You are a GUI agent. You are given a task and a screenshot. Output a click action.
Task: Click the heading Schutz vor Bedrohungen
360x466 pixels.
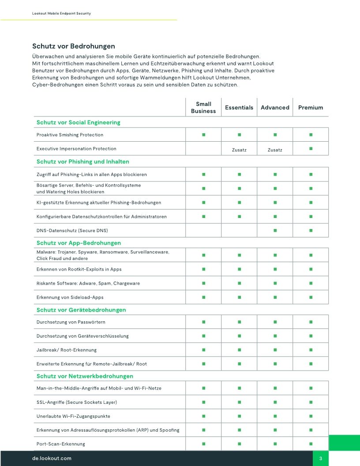coord(74,46)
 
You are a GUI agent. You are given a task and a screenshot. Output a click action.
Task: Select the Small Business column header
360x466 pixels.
coord(203,108)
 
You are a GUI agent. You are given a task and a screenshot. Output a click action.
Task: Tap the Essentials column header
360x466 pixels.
coord(239,108)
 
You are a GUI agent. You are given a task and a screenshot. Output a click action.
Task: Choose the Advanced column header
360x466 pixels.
coord(275,108)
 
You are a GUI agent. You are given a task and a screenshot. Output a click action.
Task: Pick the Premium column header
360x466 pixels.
coord(311,108)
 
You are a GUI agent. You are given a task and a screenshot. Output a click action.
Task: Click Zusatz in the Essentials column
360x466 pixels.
coord(239,150)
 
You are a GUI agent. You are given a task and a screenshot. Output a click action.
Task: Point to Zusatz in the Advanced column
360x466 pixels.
coord(275,150)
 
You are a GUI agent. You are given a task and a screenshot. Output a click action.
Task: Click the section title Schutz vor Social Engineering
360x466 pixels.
coord(78,122)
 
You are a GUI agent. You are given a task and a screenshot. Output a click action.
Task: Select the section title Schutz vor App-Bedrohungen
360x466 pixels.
coord(79,243)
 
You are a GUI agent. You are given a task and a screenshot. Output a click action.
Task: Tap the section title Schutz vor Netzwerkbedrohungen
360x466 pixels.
coord(85,376)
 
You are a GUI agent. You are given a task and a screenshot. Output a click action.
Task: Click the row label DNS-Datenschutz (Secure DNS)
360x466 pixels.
coord(72,231)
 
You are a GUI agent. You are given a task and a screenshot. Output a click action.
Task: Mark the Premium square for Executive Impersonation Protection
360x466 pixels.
coord(311,149)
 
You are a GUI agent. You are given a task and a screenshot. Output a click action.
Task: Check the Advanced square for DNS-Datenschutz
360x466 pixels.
coord(275,230)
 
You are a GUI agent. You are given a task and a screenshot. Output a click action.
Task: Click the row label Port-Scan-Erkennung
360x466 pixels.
coord(60,443)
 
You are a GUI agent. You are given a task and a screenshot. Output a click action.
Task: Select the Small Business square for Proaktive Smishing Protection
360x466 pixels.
coord(203,134)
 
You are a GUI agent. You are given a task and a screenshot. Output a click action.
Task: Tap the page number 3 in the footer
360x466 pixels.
coord(321,458)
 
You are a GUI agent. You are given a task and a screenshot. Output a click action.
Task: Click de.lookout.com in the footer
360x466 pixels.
coord(52,458)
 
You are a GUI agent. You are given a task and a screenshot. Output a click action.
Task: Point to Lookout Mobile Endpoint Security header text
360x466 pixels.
coord(61,14)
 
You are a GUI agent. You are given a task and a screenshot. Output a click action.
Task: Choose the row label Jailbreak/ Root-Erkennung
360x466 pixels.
coord(66,350)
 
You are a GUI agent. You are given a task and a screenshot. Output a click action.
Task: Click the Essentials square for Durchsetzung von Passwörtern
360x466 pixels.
coord(239,322)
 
